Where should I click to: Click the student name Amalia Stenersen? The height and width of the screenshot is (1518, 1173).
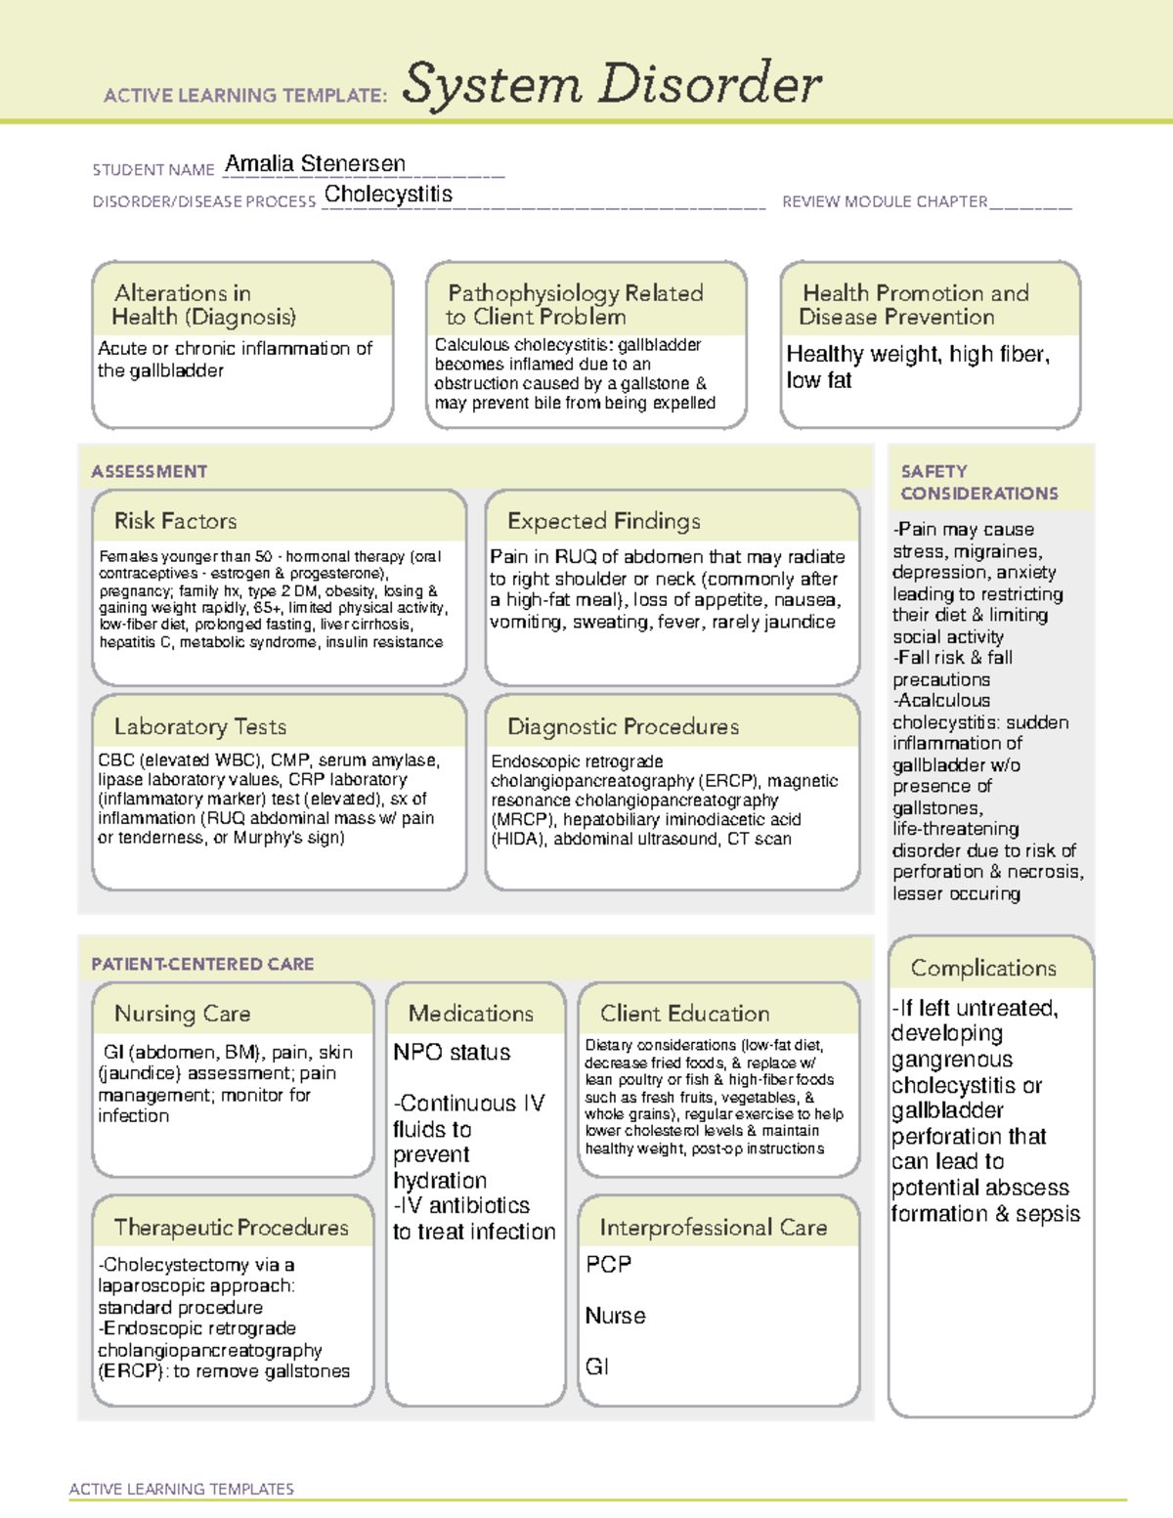pyautogui.click(x=314, y=164)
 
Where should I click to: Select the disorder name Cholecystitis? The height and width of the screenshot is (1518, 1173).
pyautogui.click(x=388, y=195)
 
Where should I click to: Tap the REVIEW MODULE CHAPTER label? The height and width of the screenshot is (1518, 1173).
pyautogui.click(x=885, y=201)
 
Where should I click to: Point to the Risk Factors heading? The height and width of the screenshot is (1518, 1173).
pyautogui.click(x=175, y=521)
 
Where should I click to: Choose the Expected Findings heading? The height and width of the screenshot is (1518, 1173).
pyautogui.click(x=603, y=521)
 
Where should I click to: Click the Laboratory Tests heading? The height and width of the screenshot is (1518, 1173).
pyautogui.click(x=199, y=726)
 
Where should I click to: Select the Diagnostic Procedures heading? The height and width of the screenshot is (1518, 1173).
pyautogui.click(x=623, y=726)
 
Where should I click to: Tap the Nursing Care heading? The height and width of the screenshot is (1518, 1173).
pyautogui.click(x=182, y=1014)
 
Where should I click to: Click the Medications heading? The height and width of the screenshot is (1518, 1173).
pyautogui.click(x=470, y=1014)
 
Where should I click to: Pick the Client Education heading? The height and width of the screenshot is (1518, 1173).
pyautogui.click(x=684, y=1014)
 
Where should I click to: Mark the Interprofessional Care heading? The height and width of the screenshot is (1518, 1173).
pyautogui.click(x=713, y=1228)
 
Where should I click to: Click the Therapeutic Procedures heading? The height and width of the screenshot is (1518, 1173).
pyautogui.click(x=231, y=1228)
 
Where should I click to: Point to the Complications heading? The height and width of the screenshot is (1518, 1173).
pyautogui.click(x=983, y=968)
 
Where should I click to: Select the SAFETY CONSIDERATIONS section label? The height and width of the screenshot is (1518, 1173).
pyautogui.click(x=978, y=483)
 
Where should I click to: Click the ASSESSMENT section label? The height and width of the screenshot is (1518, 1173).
pyautogui.click(x=149, y=471)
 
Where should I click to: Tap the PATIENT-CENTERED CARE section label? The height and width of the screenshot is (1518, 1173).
pyautogui.click(x=202, y=964)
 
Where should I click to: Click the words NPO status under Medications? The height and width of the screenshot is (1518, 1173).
pyautogui.click(x=452, y=1053)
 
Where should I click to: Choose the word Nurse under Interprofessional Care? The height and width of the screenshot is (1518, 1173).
pyautogui.click(x=615, y=1316)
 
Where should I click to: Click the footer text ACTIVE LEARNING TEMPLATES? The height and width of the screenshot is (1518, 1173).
pyautogui.click(x=181, y=1489)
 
